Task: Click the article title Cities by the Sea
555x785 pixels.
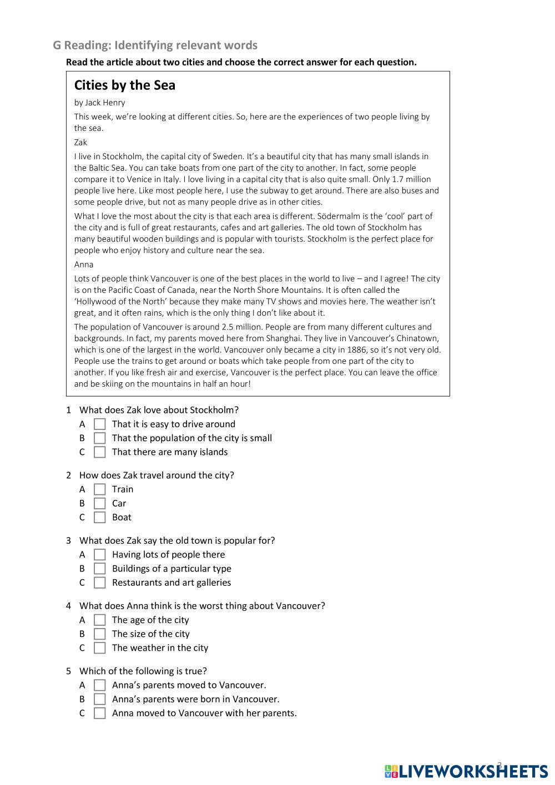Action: (x=124, y=85)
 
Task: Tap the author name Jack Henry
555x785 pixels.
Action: (x=105, y=103)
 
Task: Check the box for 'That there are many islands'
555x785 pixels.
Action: (x=100, y=452)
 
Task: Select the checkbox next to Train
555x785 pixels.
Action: (x=100, y=489)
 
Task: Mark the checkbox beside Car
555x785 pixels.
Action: (x=100, y=504)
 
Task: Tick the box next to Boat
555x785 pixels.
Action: (x=100, y=518)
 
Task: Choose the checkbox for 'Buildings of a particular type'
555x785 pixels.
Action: (x=100, y=569)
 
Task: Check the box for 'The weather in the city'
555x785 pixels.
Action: (x=100, y=648)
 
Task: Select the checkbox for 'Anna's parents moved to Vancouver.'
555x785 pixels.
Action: (x=100, y=685)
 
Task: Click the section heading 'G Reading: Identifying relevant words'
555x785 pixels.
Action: (x=155, y=45)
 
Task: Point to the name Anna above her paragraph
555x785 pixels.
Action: (x=84, y=265)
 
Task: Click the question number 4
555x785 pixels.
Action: (x=69, y=606)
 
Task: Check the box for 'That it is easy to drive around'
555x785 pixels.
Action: (x=100, y=424)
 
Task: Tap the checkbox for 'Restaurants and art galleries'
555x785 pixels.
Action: (x=100, y=583)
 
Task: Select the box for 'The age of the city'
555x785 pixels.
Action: (x=100, y=620)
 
